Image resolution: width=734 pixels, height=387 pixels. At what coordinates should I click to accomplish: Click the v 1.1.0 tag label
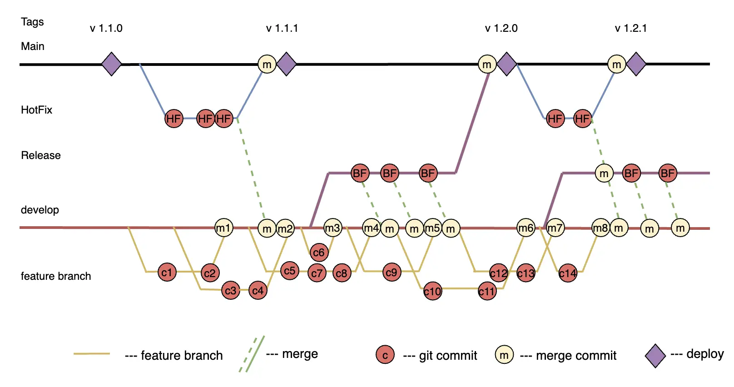pyautogui.click(x=106, y=28)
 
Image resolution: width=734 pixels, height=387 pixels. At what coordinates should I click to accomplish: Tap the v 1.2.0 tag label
pyautogui.click(x=501, y=28)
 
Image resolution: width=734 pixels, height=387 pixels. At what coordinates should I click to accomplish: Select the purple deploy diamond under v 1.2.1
pyautogui.click(x=636, y=64)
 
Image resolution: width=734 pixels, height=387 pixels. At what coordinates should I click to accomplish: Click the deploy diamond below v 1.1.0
pyautogui.click(x=111, y=64)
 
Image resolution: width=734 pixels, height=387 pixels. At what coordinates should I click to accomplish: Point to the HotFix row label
pyautogui.click(x=36, y=110)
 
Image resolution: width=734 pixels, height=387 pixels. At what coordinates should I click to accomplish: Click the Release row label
pyautogui.click(x=40, y=155)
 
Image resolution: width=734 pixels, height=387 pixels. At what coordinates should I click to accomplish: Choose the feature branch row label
pyautogui.click(x=55, y=276)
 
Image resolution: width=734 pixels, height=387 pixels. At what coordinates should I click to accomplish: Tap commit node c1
pyautogui.click(x=167, y=272)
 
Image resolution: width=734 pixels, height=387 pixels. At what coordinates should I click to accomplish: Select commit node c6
pyautogui.click(x=319, y=252)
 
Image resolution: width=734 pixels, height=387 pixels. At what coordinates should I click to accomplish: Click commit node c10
pyautogui.click(x=432, y=291)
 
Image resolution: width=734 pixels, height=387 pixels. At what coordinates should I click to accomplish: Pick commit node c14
pyautogui.click(x=568, y=273)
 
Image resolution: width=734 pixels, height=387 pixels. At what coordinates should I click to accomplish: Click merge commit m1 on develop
pyautogui.click(x=223, y=228)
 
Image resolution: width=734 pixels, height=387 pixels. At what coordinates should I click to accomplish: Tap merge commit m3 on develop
pyautogui.click(x=332, y=228)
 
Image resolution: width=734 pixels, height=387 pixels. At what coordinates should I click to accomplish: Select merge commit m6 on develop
pyautogui.click(x=526, y=228)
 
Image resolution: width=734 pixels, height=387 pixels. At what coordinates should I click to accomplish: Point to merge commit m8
pyautogui.click(x=600, y=228)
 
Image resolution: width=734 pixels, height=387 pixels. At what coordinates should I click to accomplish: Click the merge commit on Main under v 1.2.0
pyautogui.click(x=487, y=64)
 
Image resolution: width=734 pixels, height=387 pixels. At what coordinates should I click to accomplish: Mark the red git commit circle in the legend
pyautogui.click(x=385, y=355)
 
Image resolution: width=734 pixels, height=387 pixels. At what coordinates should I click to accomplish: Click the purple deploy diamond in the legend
pyautogui.click(x=655, y=355)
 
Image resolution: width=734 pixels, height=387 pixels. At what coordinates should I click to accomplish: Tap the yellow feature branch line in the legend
pyautogui.click(x=92, y=353)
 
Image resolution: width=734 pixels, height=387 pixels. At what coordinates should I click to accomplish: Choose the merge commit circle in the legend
pyautogui.click(x=504, y=355)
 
